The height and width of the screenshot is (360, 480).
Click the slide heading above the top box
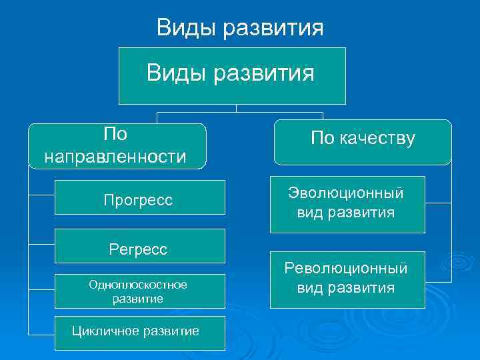[x=240, y=28]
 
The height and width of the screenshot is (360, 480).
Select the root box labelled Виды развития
[x=232, y=75]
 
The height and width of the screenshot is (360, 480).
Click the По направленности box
[x=116, y=145]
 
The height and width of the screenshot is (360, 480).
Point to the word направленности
[x=115, y=157]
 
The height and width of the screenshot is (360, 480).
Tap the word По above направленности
[x=115, y=134]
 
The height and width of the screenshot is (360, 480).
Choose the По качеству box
[x=363, y=142]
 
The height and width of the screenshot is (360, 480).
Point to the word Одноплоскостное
[x=138, y=285]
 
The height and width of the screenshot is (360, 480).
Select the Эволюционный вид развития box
[x=347, y=203]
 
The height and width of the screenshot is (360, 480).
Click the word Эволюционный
[x=346, y=193]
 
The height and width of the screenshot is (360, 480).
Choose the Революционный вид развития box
[x=347, y=279]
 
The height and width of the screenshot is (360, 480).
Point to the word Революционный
[x=346, y=269]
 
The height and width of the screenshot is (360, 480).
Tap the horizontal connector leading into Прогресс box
[x=41, y=195]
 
